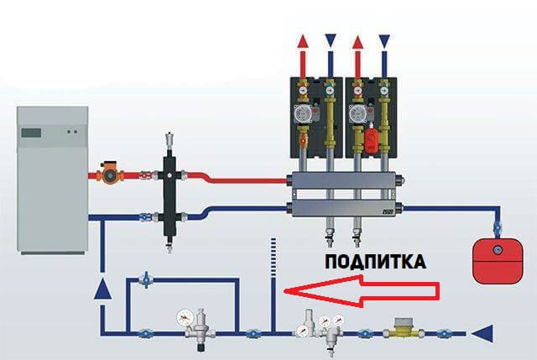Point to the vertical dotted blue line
(274, 269)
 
